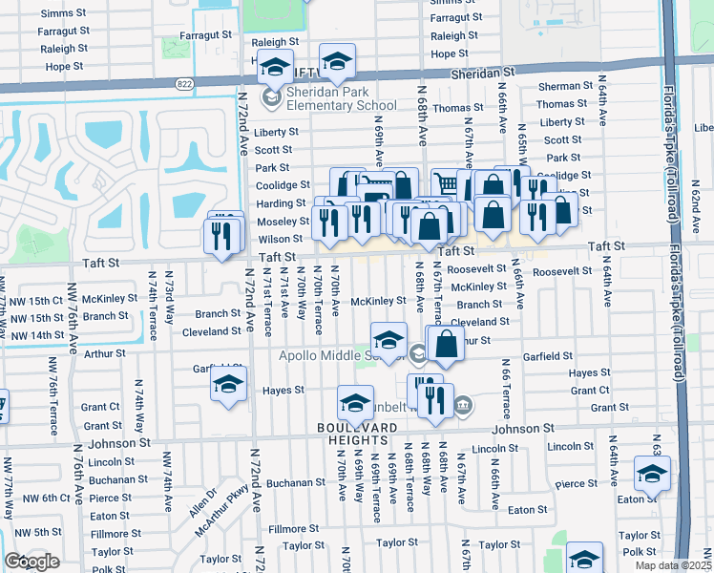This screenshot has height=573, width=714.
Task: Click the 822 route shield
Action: [x=182, y=84]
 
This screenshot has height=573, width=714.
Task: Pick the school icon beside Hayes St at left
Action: [x=228, y=386]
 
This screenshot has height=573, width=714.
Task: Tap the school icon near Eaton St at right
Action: [x=653, y=474]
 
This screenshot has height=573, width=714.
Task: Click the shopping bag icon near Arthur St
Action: [x=446, y=343]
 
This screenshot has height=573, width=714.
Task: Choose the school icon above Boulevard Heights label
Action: [x=355, y=403]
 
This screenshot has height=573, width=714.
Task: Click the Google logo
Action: [x=31, y=562]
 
